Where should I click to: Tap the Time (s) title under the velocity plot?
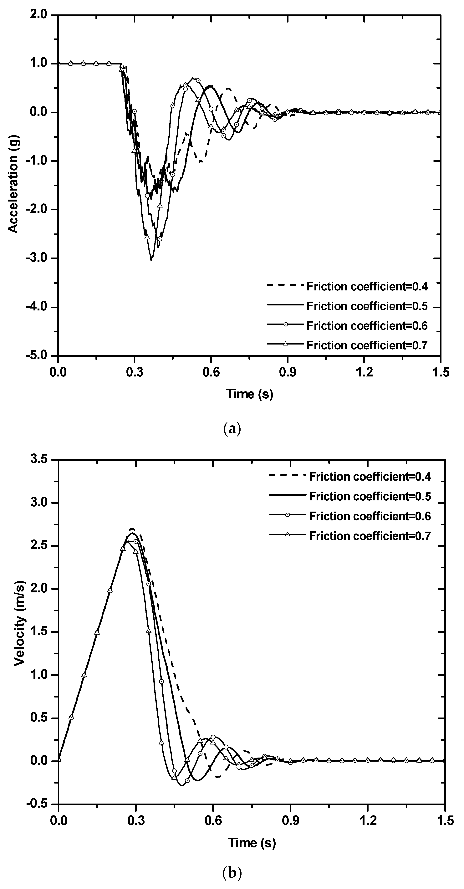(x=252, y=842)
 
